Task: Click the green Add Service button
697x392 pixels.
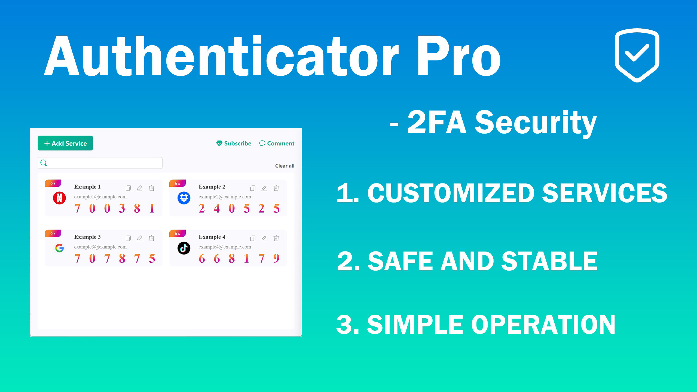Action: pyautogui.click(x=65, y=143)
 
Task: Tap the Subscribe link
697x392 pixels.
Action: pyautogui.click(x=234, y=143)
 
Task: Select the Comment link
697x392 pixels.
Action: pyautogui.click(x=277, y=143)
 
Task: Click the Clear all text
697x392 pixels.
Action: pyautogui.click(x=285, y=166)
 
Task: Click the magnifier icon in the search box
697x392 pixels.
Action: pyautogui.click(x=44, y=163)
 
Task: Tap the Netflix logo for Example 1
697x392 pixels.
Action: pyautogui.click(x=59, y=198)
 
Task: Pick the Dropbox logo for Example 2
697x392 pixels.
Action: pyautogui.click(x=184, y=198)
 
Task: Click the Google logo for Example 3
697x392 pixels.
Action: pyautogui.click(x=59, y=248)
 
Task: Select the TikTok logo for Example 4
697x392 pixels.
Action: pyautogui.click(x=184, y=248)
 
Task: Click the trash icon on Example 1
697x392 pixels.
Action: pyautogui.click(x=152, y=188)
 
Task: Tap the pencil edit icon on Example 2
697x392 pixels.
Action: pyautogui.click(x=264, y=188)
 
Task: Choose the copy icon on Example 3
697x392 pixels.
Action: pyautogui.click(x=128, y=238)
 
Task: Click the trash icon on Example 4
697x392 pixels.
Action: pyautogui.click(x=276, y=238)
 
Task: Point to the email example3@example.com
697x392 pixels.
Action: pyautogui.click(x=100, y=247)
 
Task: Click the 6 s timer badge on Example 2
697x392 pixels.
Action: pyautogui.click(x=178, y=183)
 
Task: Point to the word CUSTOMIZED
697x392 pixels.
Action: pyautogui.click(x=451, y=193)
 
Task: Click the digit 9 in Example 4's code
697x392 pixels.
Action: pyautogui.click(x=276, y=258)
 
